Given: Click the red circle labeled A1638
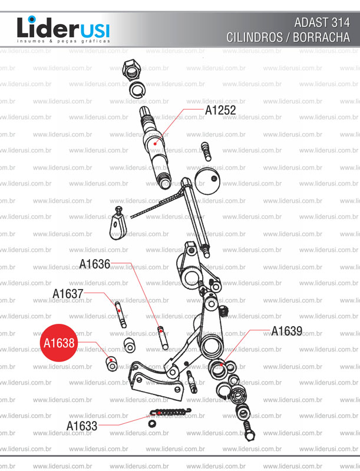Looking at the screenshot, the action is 59,343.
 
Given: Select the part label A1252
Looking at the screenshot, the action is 220,110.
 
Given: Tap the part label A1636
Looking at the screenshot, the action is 95,264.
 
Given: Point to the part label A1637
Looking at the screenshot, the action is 68,294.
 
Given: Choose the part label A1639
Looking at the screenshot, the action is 287,331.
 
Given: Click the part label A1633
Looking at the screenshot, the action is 82,426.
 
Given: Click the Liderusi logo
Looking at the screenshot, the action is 64,29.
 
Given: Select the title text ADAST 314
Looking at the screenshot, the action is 322,23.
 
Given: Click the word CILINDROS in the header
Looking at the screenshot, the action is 255,37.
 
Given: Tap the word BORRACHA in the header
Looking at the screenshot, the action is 321,37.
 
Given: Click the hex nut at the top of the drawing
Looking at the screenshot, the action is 131,70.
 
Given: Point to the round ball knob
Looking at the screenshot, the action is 207,181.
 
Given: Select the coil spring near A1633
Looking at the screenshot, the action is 170,412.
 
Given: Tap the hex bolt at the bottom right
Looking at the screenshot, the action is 248,430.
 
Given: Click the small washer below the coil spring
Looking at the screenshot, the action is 152,424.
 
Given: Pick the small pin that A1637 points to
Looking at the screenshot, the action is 121,314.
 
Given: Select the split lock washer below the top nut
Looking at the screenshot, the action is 138,90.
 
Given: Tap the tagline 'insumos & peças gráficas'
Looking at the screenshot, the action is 64,41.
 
